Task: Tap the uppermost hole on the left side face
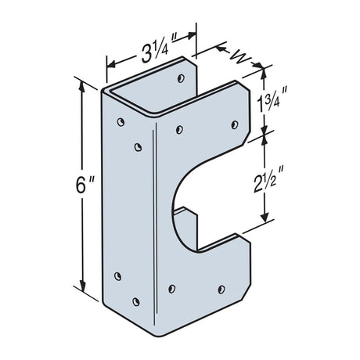click(x=121, y=122)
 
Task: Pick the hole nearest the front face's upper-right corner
click(x=234, y=123)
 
